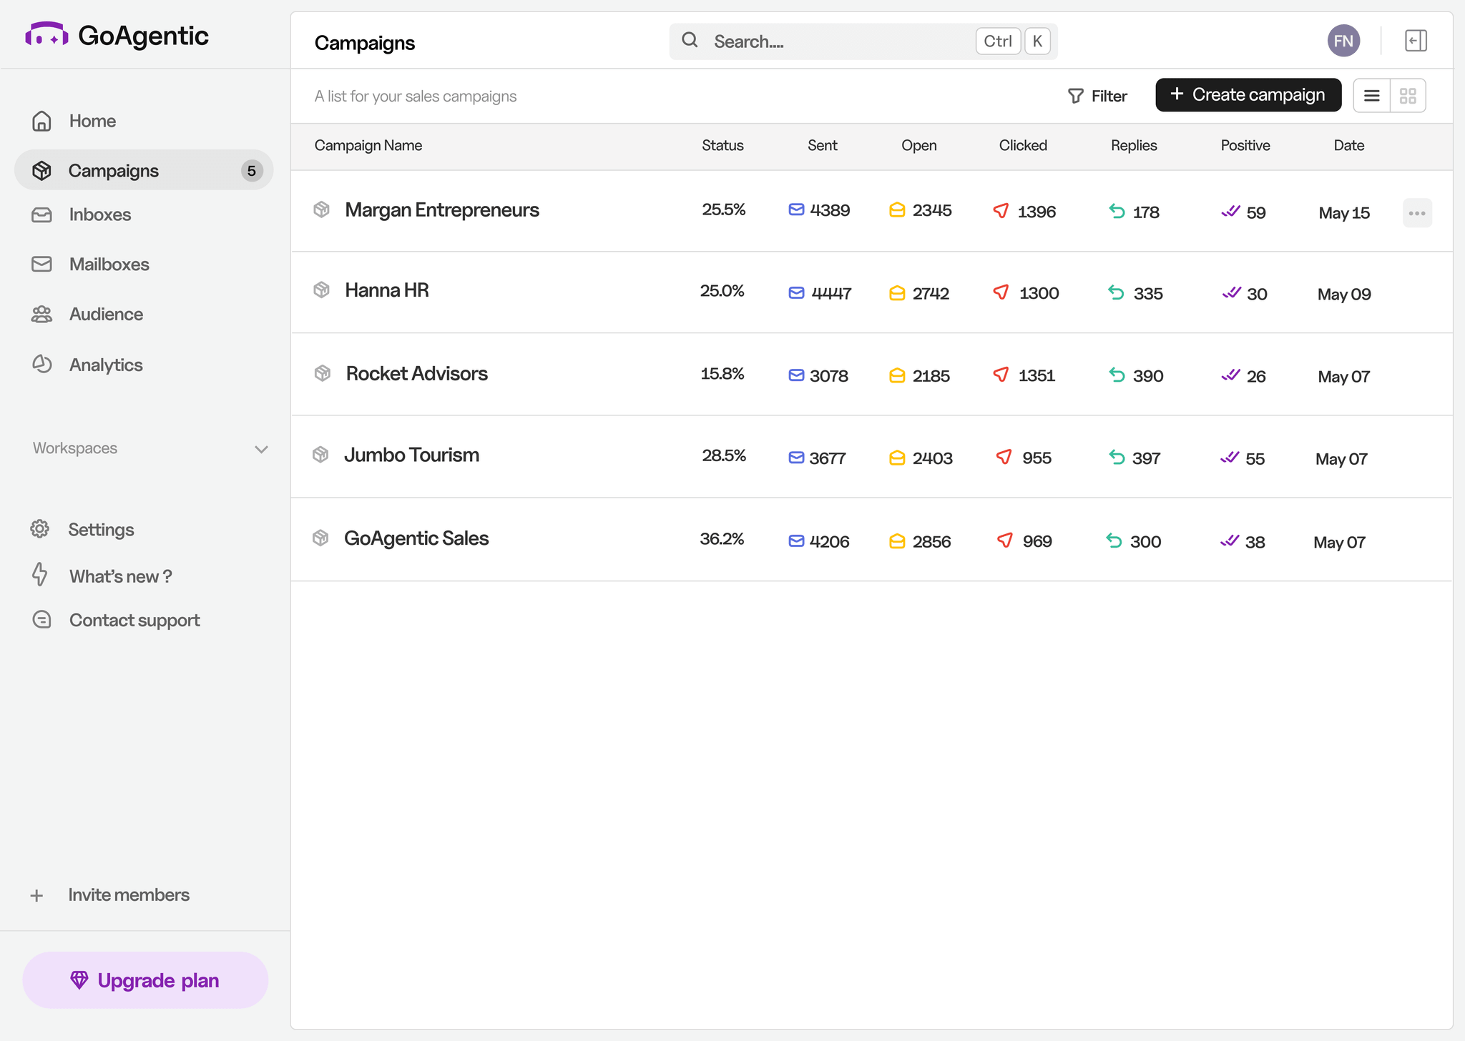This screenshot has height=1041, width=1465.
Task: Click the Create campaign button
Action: coord(1248,95)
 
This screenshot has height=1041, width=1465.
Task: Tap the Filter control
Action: coord(1097,96)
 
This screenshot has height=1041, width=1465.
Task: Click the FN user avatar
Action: coord(1343,41)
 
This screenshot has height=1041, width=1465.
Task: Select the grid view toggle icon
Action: coord(1408,96)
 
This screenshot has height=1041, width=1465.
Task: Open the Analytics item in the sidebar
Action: coord(105,365)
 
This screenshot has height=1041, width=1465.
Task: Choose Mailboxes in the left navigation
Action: coord(109,265)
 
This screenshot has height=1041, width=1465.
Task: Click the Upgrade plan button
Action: coord(145,980)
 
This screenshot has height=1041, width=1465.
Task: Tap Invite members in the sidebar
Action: coord(128,895)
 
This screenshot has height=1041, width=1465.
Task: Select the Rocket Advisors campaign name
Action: coord(416,374)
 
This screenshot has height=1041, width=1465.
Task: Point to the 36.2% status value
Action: coord(722,539)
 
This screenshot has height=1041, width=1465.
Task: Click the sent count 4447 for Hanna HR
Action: coord(831,293)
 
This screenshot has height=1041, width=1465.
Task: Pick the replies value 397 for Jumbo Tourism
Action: coord(1146,458)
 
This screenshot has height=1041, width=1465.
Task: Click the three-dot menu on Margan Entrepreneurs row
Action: coord(1416,213)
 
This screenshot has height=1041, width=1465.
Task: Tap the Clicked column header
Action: coord(1022,146)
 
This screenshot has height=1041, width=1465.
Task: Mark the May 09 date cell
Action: coord(1343,295)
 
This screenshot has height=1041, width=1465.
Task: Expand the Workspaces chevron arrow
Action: coord(261,449)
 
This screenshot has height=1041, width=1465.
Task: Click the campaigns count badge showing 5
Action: coord(251,171)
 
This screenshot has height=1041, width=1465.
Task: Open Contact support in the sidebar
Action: coord(134,621)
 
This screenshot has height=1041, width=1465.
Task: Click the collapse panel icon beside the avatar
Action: coord(1415,41)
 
